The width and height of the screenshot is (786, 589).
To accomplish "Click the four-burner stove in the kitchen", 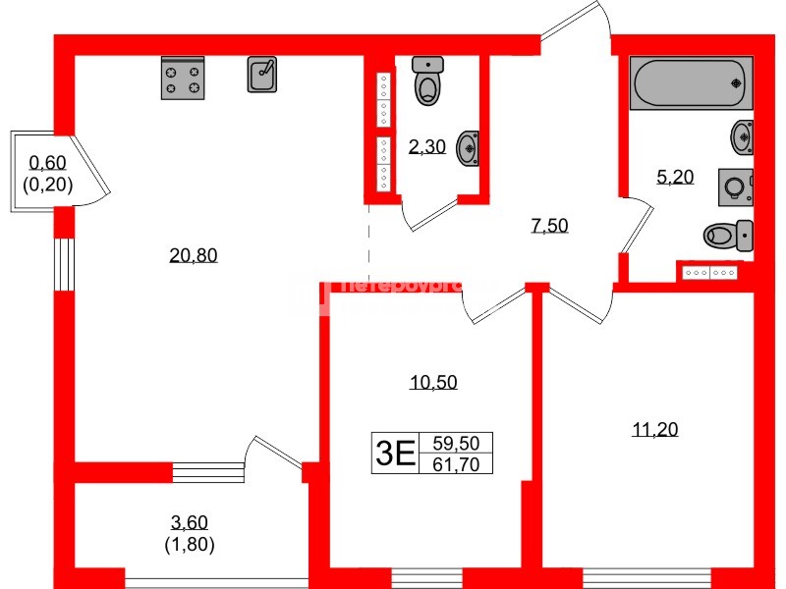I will coord(182,78).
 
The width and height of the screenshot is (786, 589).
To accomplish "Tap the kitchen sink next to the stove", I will coord(262,75).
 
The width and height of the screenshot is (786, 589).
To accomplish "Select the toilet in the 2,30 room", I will coord(427,81).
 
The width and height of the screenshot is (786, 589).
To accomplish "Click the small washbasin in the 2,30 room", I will coord(469,149).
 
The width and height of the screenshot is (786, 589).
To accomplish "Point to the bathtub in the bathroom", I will coord(692,83).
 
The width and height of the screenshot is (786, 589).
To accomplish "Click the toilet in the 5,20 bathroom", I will coord(728,236).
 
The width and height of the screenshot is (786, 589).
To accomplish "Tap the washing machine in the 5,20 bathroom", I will coord(736,187).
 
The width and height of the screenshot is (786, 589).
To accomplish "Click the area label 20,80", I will coord(193,256).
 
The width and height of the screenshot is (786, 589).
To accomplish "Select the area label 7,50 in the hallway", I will coord(549,226).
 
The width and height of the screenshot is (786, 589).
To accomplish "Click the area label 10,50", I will coord(433,383).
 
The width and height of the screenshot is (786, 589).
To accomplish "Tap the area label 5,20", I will coord(675,178).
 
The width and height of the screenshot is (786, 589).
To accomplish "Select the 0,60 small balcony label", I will coord(47,164).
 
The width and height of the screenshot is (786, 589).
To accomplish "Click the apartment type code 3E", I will coord(393,454).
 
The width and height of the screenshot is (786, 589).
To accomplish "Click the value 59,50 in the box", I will coord(455,444).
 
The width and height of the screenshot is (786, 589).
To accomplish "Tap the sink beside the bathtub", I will coord(743,135).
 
